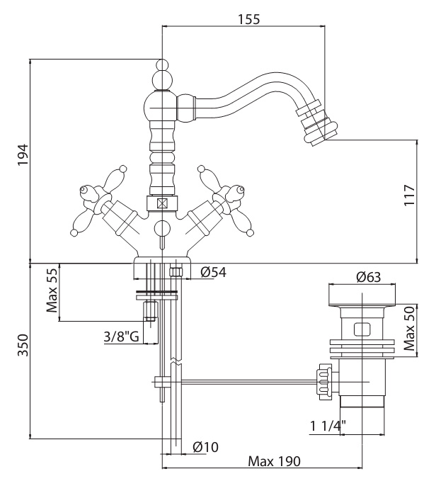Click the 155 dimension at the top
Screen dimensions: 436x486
point(249,19)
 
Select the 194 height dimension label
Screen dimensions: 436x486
point(23,155)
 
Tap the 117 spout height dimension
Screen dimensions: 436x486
point(409,195)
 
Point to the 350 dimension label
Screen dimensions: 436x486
point(23,345)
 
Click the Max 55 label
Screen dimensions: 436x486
point(52,290)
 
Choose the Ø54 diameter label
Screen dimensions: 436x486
point(213,272)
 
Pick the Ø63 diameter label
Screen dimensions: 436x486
point(368,277)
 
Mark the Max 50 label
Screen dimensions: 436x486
point(409,328)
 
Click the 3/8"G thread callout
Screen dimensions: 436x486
point(122,337)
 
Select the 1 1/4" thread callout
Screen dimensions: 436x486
point(328,426)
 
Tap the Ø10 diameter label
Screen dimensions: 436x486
point(205,447)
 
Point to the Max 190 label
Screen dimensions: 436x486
point(274,461)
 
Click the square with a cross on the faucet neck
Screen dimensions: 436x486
point(162,203)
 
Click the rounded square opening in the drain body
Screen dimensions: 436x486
point(362,329)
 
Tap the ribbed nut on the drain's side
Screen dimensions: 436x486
point(324,382)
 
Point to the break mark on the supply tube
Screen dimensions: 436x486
point(176,361)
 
